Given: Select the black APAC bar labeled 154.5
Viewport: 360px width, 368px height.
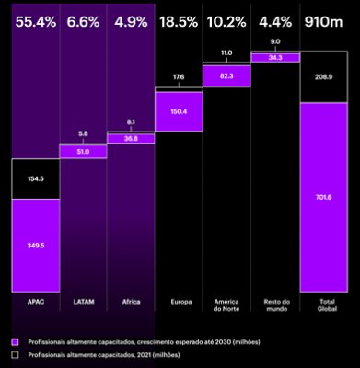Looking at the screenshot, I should pos(35,178).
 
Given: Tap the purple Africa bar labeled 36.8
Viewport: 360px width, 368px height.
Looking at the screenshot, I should pos(131,138).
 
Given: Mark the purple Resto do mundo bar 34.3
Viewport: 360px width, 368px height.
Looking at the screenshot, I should pos(274,58).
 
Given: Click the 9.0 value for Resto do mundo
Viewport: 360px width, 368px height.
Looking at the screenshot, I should pos(274,40).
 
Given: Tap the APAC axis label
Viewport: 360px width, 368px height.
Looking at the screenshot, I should pos(35,301).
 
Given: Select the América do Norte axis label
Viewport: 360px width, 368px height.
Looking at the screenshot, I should pos(226,305).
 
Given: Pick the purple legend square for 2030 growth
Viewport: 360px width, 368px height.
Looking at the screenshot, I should pos(14,341).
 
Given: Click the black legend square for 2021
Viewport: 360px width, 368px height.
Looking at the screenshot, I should pos(14,354).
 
